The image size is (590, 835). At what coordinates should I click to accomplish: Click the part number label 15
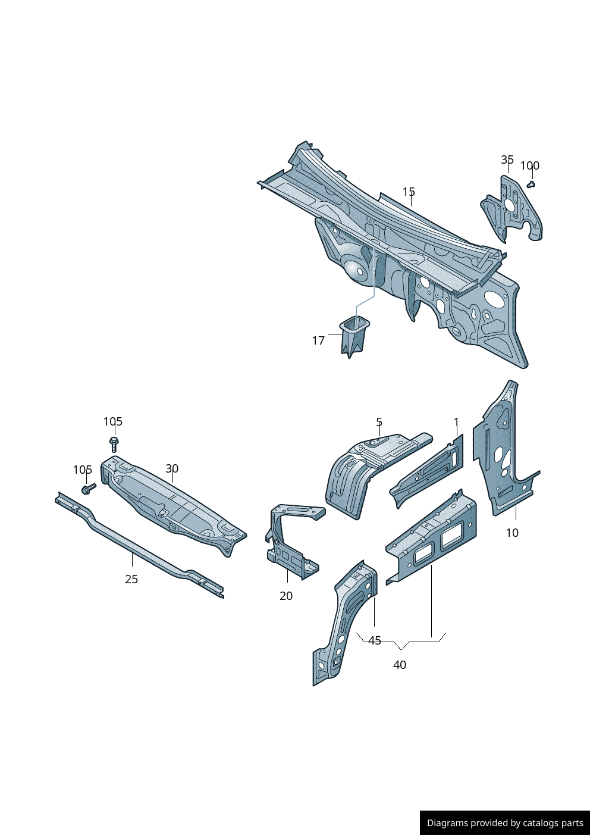(409, 192)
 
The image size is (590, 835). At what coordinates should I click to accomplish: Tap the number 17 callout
(318, 340)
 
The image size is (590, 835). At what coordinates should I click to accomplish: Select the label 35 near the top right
(507, 160)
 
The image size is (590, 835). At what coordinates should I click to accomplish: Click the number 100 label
(529, 166)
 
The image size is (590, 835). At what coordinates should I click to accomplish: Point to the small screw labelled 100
(532, 184)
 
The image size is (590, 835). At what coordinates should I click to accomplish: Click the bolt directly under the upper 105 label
(114, 444)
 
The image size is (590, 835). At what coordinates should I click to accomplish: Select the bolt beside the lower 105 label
(89, 489)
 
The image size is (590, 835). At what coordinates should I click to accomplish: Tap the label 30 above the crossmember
(172, 468)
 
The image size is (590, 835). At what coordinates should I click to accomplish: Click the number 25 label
(131, 579)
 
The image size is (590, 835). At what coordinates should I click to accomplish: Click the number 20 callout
(286, 596)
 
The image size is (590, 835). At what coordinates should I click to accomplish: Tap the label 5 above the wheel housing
(379, 422)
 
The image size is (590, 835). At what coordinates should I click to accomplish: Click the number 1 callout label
(456, 422)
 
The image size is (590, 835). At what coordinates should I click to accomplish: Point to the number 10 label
(512, 533)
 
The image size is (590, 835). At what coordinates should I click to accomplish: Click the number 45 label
(375, 640)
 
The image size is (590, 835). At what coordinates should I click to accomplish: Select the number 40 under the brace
(400, 665)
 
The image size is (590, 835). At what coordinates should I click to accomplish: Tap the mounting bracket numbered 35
(511, 208)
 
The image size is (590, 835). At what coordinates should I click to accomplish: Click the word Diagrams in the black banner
(447, 823)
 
